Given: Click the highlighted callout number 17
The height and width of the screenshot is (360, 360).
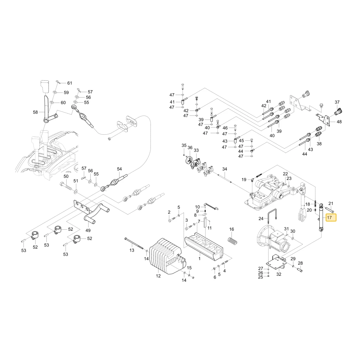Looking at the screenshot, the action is pos(329,217).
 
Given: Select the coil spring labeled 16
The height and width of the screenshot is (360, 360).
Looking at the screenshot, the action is pos(232,239).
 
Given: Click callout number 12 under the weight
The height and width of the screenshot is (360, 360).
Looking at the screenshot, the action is pos(158,276).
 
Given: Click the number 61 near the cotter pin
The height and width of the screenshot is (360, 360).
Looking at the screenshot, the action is pos(69,83).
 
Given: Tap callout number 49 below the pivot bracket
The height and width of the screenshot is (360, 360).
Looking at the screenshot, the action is pos(88,230).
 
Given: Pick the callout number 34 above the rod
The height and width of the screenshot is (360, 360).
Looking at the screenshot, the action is pos(225,169).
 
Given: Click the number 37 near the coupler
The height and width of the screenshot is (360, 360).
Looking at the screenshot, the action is pos(337,102).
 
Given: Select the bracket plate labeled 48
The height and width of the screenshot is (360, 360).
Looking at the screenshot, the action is pos(324,120).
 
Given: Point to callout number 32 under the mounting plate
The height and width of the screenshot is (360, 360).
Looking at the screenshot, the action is pos(279,274).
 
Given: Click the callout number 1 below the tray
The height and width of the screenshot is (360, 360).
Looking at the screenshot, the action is pos(199,258).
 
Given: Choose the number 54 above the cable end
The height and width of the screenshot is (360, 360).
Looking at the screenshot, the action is pos(120,169).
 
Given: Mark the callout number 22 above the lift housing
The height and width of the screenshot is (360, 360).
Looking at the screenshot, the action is pos(285,174).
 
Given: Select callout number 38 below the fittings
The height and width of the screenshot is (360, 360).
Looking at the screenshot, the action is pos(319,144).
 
